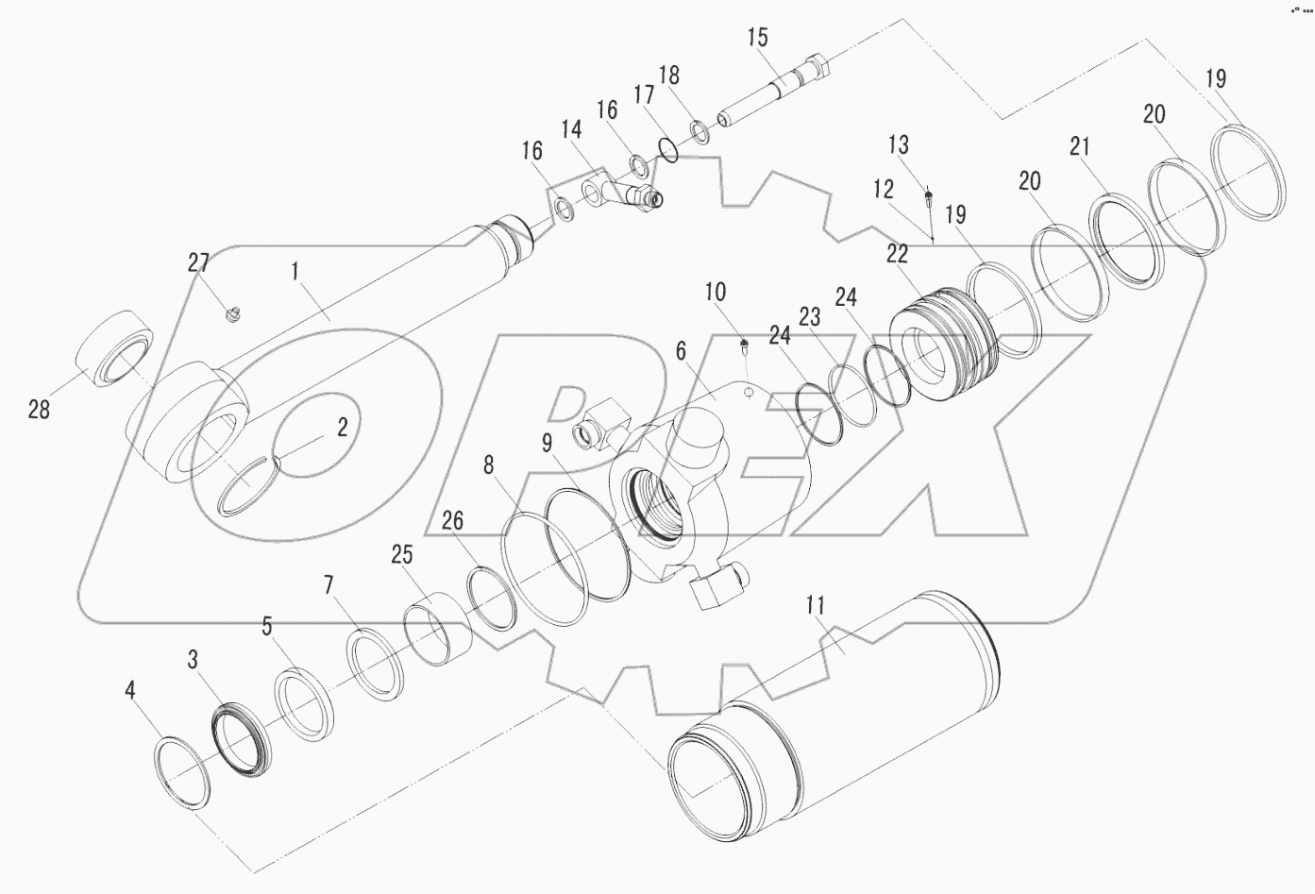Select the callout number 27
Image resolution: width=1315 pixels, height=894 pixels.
(x=198, y=262)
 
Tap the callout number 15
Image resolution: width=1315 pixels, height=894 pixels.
(x=758, y=38)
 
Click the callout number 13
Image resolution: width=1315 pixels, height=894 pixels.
(x=899, y=144)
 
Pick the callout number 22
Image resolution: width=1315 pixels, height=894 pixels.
(x=897, y=253)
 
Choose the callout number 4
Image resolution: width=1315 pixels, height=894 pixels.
(x=130, y=691)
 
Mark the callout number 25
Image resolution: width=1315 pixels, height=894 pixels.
(x=403, y=553)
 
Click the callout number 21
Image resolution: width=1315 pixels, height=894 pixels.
(x=1080, y=146)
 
